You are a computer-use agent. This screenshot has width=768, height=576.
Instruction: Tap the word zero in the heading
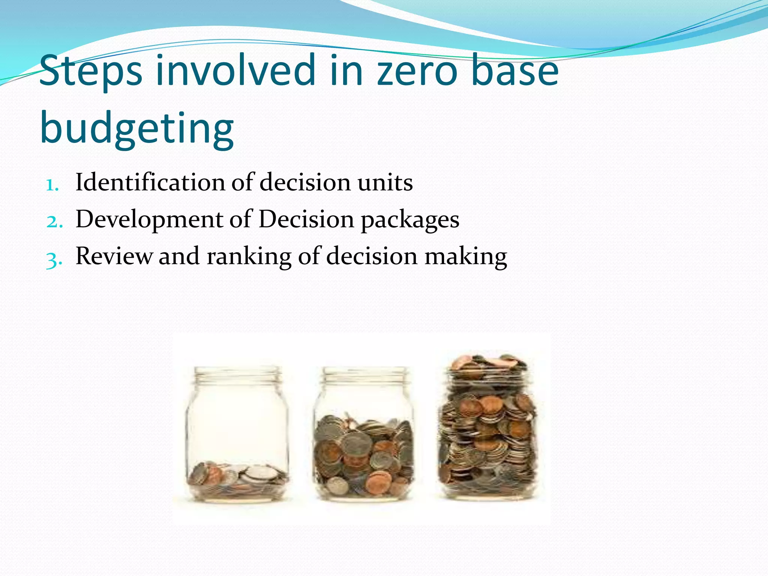point(416,71)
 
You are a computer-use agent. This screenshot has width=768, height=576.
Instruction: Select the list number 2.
point(54,222)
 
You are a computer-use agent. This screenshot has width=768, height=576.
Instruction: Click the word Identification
point(150,182)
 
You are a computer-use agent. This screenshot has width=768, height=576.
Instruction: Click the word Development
point(149,220)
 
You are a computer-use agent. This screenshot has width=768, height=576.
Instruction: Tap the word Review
point(114,256)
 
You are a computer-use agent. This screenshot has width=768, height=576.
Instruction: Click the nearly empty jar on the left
point(237,435)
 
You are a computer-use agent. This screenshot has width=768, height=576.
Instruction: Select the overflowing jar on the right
point(487,431)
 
